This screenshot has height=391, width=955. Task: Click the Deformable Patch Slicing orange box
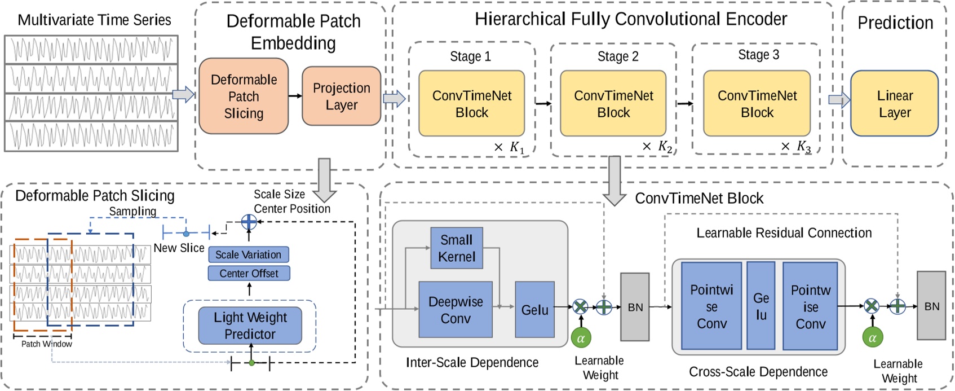point(244,96)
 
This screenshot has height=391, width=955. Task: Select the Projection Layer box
point(341,96)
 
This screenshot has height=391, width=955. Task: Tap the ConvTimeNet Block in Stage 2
point(613,103)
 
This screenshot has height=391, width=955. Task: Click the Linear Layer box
point(894,103)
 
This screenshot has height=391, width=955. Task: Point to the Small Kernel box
point(457,248)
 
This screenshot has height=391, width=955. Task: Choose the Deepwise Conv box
point(456,310)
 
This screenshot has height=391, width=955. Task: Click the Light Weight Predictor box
point(250,326)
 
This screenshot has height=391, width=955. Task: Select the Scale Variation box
point(248,254)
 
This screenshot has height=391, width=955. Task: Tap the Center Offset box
point(249,274)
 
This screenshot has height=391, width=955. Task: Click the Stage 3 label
point(758,55)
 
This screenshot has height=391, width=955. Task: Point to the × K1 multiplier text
point(509,147)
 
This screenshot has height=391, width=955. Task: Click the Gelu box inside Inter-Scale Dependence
point(534,310)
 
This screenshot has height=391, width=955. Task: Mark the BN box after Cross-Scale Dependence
point(931,306)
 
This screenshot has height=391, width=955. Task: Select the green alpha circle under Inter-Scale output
point(581,338)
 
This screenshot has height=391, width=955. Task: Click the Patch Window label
point(46,344)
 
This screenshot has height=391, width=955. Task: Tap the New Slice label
point(179,248)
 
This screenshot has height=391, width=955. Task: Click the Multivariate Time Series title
point(94,20)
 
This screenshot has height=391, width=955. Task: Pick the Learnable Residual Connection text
point(784,232)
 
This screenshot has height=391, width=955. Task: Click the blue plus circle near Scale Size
point(249,222)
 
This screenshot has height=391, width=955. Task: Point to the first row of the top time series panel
point(91,50)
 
